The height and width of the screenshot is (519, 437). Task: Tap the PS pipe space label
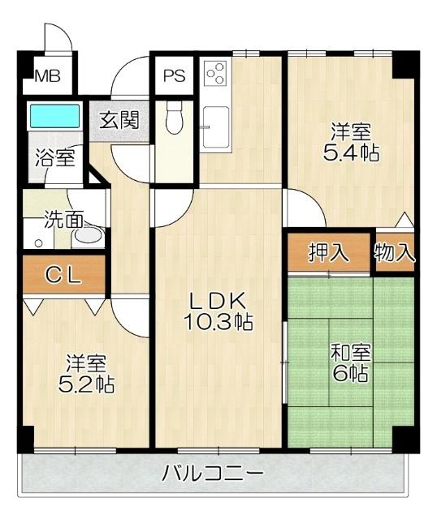[x=173, y=76]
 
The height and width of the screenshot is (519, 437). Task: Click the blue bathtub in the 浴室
[x=54, y=116]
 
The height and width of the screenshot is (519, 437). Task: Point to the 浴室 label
[x=54, y=157]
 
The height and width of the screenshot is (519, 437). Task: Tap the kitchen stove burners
[x=215, y=75]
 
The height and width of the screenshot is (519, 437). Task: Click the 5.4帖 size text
[x=352, y=151]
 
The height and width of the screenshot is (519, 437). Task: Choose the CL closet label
[x=62, y=275]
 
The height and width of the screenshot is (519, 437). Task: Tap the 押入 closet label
[x=328, y=253]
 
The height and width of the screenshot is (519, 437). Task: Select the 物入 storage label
[x=395, y=253]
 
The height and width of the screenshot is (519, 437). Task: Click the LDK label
[x=218, y=299]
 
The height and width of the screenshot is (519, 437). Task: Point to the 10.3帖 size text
[x=218, y=322]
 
